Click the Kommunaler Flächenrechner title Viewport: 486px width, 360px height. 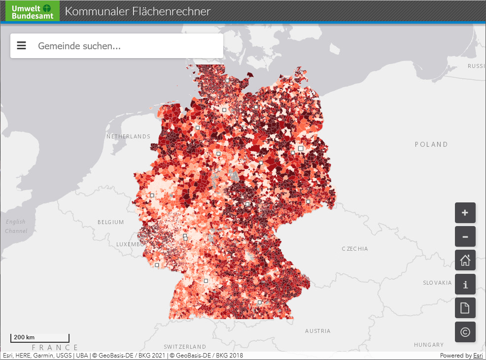(138, 11)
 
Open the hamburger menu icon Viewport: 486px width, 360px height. (21, 46)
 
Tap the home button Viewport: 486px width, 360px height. (465, 261)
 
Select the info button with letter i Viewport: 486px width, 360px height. (465, 284)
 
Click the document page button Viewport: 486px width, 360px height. (465, 308)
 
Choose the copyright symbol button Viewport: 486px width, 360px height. (465, 332)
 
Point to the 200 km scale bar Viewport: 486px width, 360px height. (39, 338)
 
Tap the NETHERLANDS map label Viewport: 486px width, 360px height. (128, 136)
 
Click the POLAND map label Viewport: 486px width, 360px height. (431, 144)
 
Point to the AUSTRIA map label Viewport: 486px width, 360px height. (318, 331)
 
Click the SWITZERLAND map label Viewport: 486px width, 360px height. (185, 347)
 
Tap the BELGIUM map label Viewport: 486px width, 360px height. (110, 222)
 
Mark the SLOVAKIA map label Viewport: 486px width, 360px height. (437, 283)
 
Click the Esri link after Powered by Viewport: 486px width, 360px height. (478, 356)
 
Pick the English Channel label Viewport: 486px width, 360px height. (16, 227)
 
